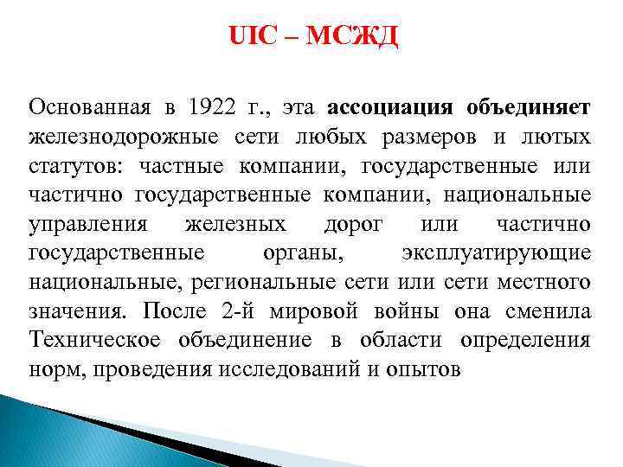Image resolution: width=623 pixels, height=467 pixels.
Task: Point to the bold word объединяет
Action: point(529,107)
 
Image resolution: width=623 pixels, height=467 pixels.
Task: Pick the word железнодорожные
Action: point(122,137)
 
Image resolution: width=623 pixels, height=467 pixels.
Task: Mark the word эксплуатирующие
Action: point(497,254)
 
